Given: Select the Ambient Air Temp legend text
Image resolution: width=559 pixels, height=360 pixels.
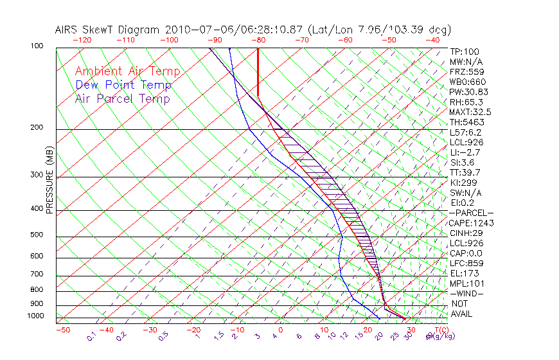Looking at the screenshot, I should (127, 71).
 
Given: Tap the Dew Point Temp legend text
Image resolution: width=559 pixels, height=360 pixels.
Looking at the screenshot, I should (123, 85).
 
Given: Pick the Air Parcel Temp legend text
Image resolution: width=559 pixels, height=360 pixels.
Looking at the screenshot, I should (122, 98).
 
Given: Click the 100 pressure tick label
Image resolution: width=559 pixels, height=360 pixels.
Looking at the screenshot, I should (37, 47).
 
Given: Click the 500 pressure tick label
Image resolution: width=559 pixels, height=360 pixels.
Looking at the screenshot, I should (37, 235).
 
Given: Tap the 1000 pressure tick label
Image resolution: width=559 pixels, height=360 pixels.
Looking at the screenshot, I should (35, 316).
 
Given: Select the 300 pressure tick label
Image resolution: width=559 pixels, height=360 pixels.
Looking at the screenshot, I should (37, 175).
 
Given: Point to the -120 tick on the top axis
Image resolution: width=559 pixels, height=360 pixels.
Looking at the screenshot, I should (82, 40).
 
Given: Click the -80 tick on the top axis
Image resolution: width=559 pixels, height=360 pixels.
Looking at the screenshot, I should (258, 40).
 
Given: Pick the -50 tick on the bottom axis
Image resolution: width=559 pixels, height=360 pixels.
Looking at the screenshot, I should (62, 330).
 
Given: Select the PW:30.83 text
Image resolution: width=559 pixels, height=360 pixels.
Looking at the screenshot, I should (467, 92).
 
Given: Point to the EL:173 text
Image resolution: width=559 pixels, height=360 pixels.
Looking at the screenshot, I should (463, 273).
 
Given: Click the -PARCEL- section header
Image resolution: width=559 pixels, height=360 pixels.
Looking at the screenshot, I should (471, 213).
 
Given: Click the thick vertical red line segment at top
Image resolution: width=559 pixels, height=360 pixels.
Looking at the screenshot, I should (258, 71).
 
